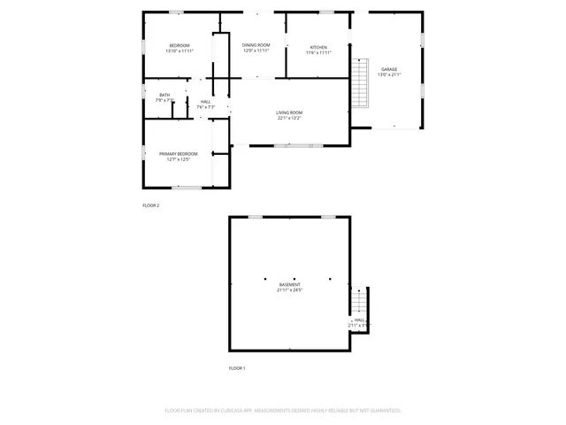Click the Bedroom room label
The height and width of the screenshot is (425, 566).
(x=180, y=45)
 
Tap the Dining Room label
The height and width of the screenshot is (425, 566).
(x=256, y=45)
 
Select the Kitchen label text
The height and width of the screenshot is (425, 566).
(x=318, y=47)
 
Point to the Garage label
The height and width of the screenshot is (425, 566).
(x=389, y=69)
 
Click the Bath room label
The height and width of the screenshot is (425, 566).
(x=164, y=95)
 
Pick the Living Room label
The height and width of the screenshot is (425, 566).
(x=289, y=112)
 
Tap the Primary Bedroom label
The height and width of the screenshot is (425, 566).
(x=179, y=154)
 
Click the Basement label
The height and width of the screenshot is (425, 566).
(x=289, y=284)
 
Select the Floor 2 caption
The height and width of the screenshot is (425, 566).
(x=151, y=205)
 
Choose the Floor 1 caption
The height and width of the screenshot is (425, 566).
(x=237, y=367)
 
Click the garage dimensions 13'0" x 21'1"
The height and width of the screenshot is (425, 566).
(x=389, y=74)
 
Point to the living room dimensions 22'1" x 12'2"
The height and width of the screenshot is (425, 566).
(x=289, y=118)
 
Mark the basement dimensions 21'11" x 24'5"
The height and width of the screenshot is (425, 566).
(x=289, y=290)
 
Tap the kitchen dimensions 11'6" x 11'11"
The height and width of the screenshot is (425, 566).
(x=318, y=52)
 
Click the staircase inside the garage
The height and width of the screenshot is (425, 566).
(x=358, y=81)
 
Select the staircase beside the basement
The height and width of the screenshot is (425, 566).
(x=360, y=305)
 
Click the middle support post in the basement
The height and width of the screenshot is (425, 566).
(x=298, y=278)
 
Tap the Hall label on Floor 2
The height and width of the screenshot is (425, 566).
(x=205, y=102)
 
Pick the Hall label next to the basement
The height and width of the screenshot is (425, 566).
(x=360, y=321)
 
